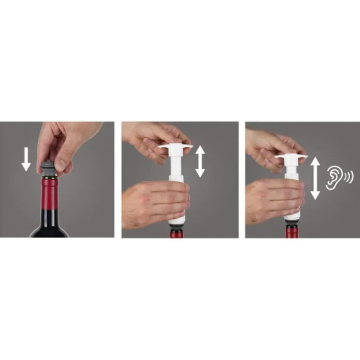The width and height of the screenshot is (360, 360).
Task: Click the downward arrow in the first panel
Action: [x=26, y=159]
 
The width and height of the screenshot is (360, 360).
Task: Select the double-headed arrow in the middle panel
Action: [x=200, y=161]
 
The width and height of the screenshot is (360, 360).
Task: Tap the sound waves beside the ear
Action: [x=348, y=177]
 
